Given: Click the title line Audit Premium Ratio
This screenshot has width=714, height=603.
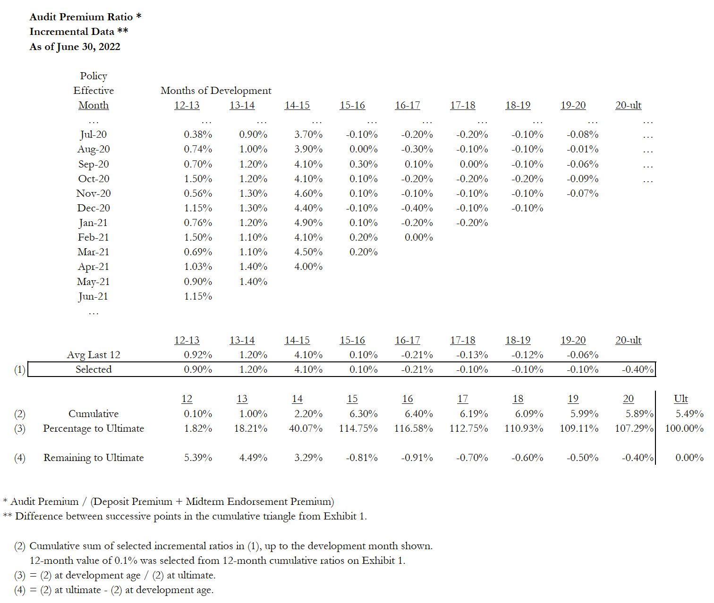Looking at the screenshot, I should point(81,17).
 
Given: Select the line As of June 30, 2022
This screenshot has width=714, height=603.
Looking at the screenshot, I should point(75,47).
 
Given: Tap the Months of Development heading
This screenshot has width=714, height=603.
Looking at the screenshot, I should point(216,91).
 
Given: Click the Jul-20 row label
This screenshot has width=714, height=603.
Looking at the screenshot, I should point(93,134).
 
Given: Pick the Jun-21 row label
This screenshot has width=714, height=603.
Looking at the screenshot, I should point(93,296).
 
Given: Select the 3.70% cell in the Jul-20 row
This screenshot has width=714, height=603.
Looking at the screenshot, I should point(308,134).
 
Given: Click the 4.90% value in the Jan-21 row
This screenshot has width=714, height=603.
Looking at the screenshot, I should point(308,223).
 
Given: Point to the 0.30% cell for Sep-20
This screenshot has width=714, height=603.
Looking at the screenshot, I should point(363,164).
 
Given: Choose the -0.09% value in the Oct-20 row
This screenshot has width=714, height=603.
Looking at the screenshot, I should point(582,179).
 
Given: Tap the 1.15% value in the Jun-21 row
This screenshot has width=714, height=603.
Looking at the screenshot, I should point(198,296).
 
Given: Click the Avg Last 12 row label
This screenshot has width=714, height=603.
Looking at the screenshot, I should point(93,355).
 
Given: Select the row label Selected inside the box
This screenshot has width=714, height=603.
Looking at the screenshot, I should point(93,369).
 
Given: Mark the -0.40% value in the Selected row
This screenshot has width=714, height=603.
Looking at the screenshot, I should point(637,369).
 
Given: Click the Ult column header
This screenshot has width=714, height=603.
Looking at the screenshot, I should point(680,399).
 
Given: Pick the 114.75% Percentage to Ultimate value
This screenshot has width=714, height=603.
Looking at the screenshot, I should point(358,428).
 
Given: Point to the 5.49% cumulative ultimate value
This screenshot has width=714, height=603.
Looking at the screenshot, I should point(689,414).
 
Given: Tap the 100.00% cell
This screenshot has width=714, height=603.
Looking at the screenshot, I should point(684,428).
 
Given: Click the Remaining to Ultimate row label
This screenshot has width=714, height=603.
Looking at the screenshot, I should point(93,458).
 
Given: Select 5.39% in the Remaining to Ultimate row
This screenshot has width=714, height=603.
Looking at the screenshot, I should point(198,458).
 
